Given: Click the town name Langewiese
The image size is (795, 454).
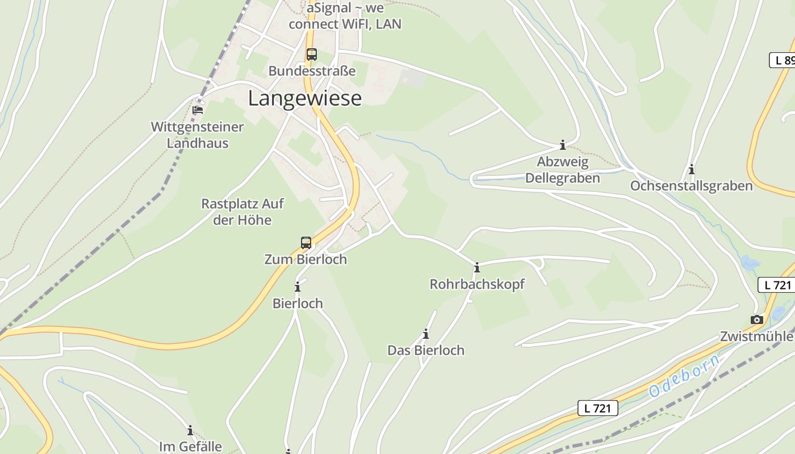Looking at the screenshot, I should click(x=305, y=98).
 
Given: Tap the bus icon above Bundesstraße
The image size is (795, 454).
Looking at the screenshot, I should click(x=312, y=54).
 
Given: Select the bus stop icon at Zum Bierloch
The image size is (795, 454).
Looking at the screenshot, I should click(x=306, y=243).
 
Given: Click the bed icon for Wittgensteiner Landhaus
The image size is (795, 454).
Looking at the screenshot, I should click(x=198, y=110).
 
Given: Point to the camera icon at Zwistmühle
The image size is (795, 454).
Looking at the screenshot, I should click(x=756, y=320).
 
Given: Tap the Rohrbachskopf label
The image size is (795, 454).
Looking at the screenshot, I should click(x=477, y=284).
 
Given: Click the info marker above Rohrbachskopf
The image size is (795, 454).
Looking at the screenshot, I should click(x=477, y=268).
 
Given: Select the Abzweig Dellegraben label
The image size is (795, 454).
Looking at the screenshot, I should click(x=562, y=170).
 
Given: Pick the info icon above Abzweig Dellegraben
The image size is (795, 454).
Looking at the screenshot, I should click(x=563, y=145).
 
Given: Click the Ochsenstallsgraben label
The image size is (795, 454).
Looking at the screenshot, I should click(x=691, y=186).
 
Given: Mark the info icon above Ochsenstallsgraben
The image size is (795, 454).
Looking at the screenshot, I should click(x=692, y=170).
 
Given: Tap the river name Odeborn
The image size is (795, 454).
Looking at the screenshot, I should click(x=684, y=376).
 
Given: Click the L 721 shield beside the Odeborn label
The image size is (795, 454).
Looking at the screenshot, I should click(x=597, y=407).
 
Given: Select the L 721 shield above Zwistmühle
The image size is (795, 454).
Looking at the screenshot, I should click(x=777, y=285).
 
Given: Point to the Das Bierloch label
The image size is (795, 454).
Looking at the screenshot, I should click(x=426, y=350).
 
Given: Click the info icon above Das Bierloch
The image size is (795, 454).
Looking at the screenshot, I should click(x=426, y=334).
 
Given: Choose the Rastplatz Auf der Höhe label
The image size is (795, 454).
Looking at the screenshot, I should click(x=242, y=212).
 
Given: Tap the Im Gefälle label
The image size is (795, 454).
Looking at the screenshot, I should click(x=190, y=447).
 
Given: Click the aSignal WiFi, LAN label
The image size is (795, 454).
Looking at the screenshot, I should click(x=345, y=16).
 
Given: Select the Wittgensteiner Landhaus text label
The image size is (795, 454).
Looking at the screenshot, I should click(x=197, y=135).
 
